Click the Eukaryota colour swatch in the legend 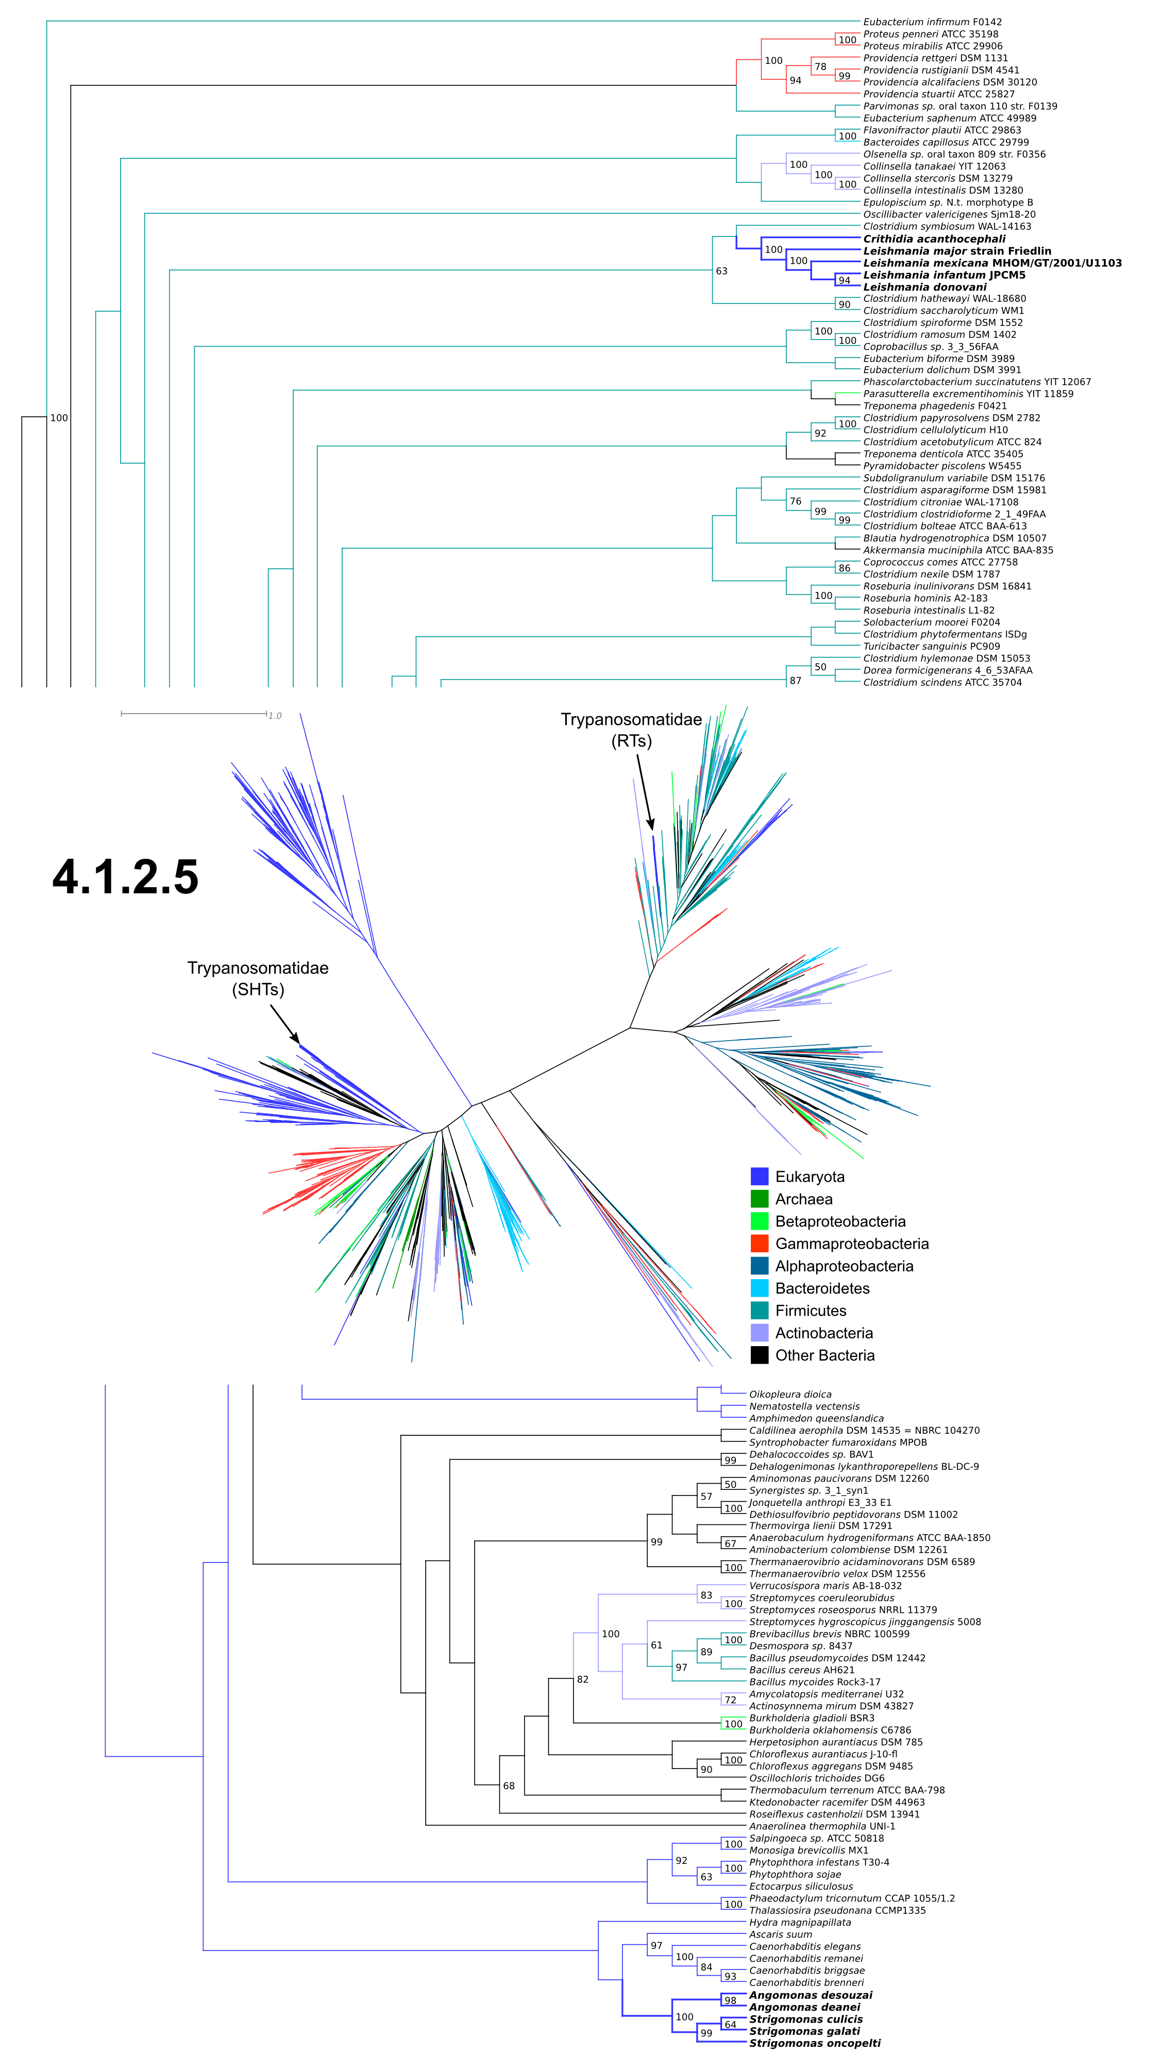[x=759, y=1176]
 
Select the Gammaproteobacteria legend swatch [x=759, y=1243]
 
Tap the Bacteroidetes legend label [x=822, y=1288]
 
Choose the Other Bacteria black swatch [x=759, y=1355]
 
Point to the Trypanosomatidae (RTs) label [x=631, y=730]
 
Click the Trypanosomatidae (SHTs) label [x=258, y=978]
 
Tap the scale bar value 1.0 [x=275, y=716]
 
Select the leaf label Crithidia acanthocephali [x=934, y=239]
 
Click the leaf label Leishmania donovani [x=925, y=287]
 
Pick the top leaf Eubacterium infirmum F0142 [x=932, y=22]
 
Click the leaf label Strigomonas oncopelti [x=815, y=2043]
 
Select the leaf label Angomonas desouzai [x=811, y=1995]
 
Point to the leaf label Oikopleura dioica [x=790, y=1394]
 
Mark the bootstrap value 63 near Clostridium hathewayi [x=721, y=271]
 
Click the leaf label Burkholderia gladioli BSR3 [x=812, y=1718]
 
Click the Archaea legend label [x=803, y=1199]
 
